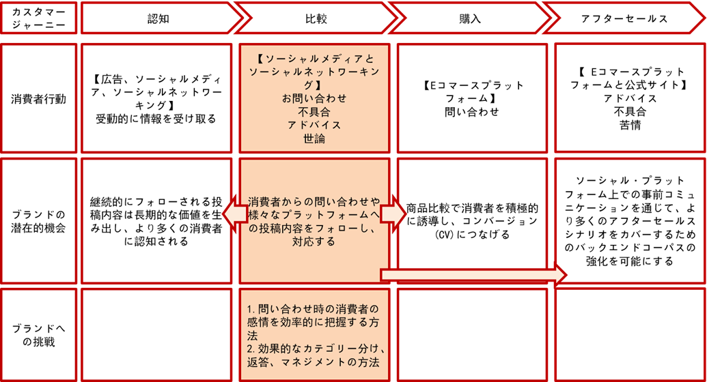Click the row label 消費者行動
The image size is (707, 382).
39,98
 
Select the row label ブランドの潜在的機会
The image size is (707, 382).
39,222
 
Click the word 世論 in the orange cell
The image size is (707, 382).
314,138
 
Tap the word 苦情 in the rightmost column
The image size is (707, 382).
629,125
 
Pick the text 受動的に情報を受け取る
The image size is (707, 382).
156,119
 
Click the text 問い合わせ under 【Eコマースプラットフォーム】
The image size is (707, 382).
472,113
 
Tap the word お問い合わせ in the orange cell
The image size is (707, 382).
314,98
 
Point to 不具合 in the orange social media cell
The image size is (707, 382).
314,112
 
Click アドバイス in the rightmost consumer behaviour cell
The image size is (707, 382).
629,98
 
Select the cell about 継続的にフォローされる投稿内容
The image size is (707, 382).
156,222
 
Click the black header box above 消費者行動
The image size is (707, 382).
38,20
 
